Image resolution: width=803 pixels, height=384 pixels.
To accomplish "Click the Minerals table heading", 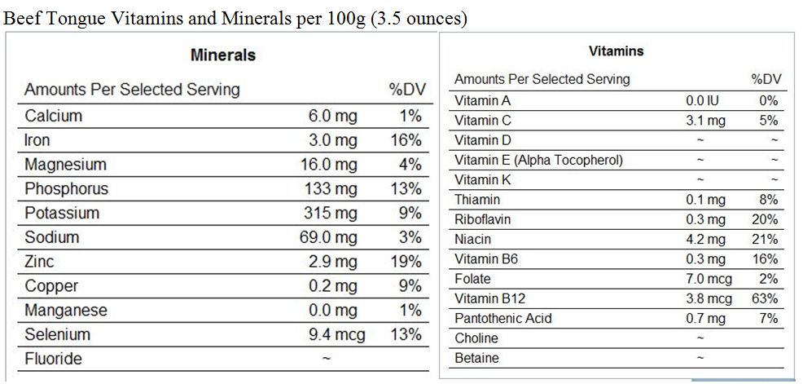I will tap(222, 55).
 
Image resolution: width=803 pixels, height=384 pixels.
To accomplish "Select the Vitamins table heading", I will tap(616, 51).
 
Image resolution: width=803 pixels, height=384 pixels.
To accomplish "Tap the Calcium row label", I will tap(53, 116).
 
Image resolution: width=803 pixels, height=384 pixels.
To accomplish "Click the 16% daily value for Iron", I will tap(406, 140).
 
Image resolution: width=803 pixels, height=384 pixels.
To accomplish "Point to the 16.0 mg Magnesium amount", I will tap(328, 165).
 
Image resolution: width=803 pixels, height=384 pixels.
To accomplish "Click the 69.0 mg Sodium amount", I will tap(328, 238).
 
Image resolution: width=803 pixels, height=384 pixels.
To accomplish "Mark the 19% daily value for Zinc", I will tap(406, 262).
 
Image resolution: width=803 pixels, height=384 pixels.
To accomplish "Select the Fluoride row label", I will tap(53, 359).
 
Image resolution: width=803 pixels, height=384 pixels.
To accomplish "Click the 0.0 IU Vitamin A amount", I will tap(704, 101).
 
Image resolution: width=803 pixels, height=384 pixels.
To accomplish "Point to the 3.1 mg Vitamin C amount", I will tap(705, 121).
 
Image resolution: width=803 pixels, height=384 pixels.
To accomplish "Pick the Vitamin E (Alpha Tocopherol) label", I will tap(538, 160).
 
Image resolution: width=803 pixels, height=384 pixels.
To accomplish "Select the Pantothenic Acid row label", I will tap(502, 318).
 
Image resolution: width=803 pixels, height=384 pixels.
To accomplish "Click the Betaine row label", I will tap(476, 358).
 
